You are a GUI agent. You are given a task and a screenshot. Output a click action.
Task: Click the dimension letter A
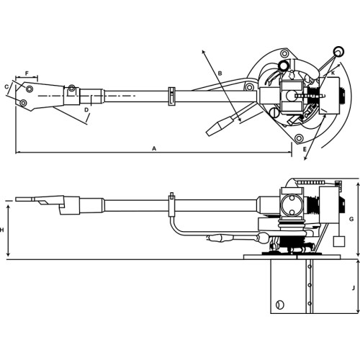(154, 148)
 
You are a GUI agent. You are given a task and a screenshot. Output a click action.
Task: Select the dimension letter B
(220, 73)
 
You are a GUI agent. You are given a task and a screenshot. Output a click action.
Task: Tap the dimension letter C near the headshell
(6, 86)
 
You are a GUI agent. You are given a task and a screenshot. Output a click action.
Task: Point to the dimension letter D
(86, 110)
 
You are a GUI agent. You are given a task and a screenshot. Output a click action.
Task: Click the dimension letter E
(305, 149)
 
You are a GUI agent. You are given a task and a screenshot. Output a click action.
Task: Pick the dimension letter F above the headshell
(27, 73)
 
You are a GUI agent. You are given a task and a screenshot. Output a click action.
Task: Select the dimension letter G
(351, 219)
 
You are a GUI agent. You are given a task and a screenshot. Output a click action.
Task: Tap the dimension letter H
(2, 230)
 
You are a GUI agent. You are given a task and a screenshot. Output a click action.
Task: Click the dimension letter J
(353, 288)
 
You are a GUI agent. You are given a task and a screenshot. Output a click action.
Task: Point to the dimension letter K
(333, 73)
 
